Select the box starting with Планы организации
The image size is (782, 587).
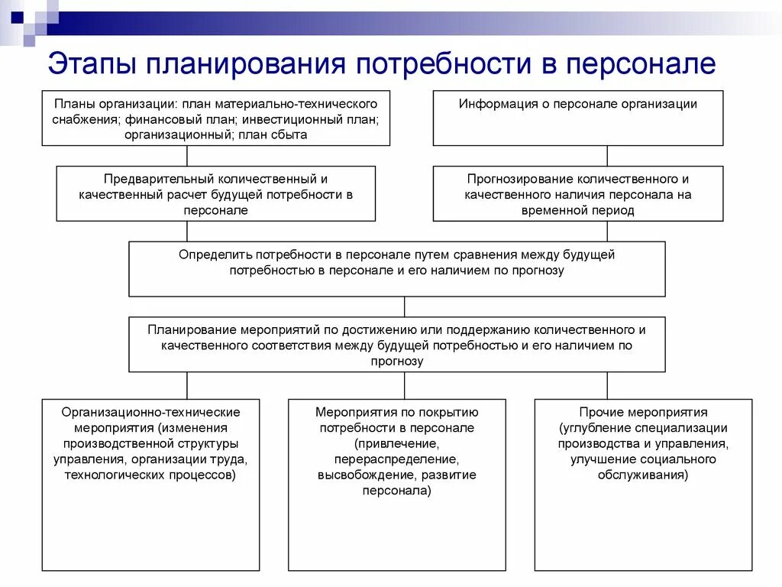point(215,118)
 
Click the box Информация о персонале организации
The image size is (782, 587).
point(577,118)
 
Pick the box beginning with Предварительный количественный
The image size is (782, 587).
point(215,193)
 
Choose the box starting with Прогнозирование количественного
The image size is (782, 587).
point(577,193)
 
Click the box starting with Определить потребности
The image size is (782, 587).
point(396,269)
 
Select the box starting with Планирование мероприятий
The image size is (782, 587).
point(396,345)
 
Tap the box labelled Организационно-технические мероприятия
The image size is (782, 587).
point(150,485)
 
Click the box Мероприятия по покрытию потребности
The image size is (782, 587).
point(396,485)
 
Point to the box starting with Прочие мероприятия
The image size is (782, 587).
point(643,485)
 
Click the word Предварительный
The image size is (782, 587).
point(150,179)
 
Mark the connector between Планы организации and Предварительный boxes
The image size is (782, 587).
point(187,156)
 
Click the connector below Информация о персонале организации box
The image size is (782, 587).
point(607,156)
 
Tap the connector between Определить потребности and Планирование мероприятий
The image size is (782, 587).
point(405,306)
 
